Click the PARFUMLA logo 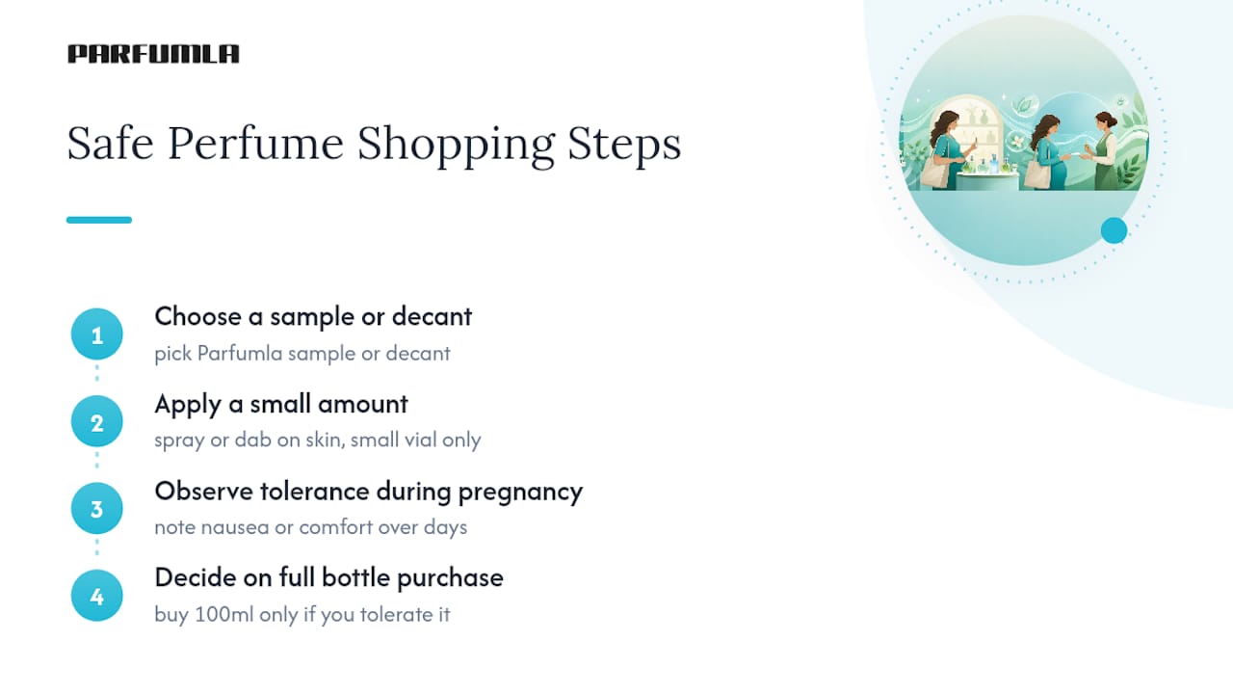coord(153,54)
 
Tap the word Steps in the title coord(624,145)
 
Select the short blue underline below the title coord(99,220)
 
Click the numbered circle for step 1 coord(97,334)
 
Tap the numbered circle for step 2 coord(97,421)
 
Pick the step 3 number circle coord(97,508)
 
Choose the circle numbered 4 coord(97,596)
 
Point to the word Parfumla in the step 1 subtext coord(240,354)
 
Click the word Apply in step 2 coord(188,405)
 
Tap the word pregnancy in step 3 coord(520,493)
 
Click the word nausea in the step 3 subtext coord(235,527)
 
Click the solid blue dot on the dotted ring coord(1115,230)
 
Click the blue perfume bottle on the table coord(993,164)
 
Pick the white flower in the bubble coord(1018,142)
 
